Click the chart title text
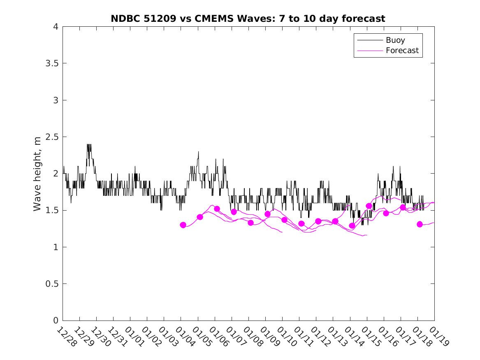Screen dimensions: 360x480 (x=248, y=19)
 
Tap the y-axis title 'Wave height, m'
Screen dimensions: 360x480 (x=37, y=174)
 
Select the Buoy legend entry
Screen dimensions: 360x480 (x=395, y=40)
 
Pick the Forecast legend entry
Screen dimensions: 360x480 (x=402, y=51)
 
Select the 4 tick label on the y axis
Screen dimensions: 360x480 (x=55, y=27)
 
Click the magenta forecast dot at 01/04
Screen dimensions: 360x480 (x=183, y=225)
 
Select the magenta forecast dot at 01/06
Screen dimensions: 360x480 (x=217, y=209)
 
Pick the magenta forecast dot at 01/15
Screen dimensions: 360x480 (x=369, y=206)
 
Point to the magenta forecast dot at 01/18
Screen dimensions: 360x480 (x=420, y=224)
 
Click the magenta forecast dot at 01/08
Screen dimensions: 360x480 (x=250, y=223)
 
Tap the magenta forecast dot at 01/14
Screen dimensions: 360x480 (x=352, y=225)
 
